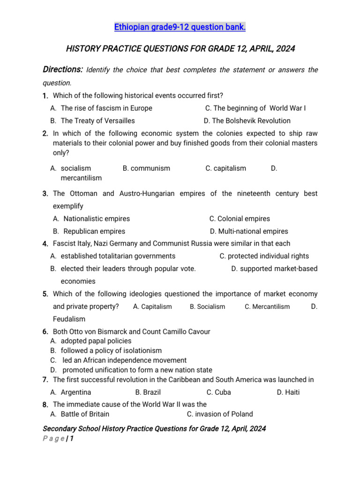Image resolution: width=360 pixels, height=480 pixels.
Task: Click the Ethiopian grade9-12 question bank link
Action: [x=180, y=28]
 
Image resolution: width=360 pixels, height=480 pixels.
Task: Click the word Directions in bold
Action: [x=63, y=69]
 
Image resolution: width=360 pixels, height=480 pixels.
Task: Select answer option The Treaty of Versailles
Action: [x=97, y=120]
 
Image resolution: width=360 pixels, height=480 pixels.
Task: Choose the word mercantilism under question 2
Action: [x=81, y=178]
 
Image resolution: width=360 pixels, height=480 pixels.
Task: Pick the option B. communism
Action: [x=146, y=168]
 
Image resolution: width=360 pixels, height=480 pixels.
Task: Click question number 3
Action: [x=45, y=194]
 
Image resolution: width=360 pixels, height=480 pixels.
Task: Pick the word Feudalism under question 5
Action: [x=69, y=319]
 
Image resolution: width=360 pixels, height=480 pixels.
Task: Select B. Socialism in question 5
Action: [x=207, y=307]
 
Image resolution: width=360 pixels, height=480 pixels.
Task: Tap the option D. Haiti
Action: [x=288, y=392]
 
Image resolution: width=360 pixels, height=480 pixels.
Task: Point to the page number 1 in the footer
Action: [x=72, y=439]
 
